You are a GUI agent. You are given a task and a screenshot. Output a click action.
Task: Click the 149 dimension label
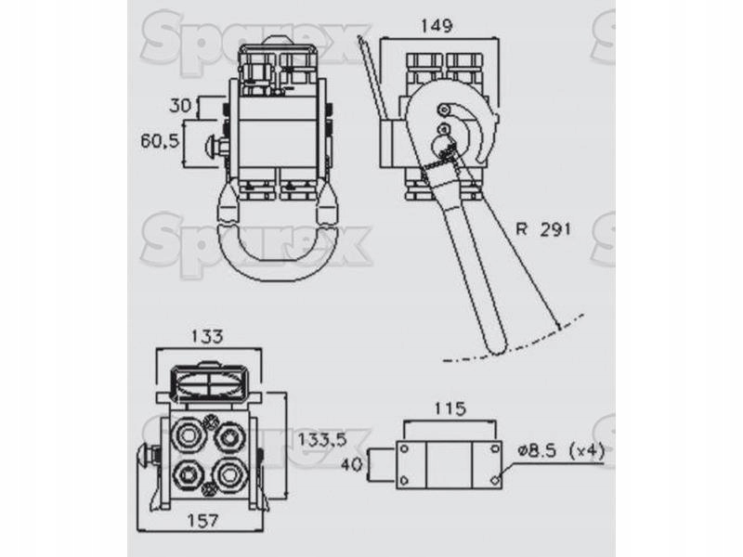point(437,26)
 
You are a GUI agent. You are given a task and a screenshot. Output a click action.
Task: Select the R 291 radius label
point(543,229)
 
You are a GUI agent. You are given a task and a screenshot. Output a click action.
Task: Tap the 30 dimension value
point(180,106)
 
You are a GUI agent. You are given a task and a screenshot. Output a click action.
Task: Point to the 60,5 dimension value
point(160,141)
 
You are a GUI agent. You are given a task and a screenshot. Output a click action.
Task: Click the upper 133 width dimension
point(207,336)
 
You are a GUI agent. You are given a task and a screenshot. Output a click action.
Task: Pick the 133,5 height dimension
point(321,440)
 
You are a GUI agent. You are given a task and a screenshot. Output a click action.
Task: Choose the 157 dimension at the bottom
point(202,521)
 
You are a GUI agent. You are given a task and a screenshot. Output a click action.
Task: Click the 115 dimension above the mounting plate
point(450,408)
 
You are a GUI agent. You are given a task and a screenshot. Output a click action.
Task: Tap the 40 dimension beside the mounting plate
point(352,464)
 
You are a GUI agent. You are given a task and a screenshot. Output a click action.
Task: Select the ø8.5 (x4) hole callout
point(562,451)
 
